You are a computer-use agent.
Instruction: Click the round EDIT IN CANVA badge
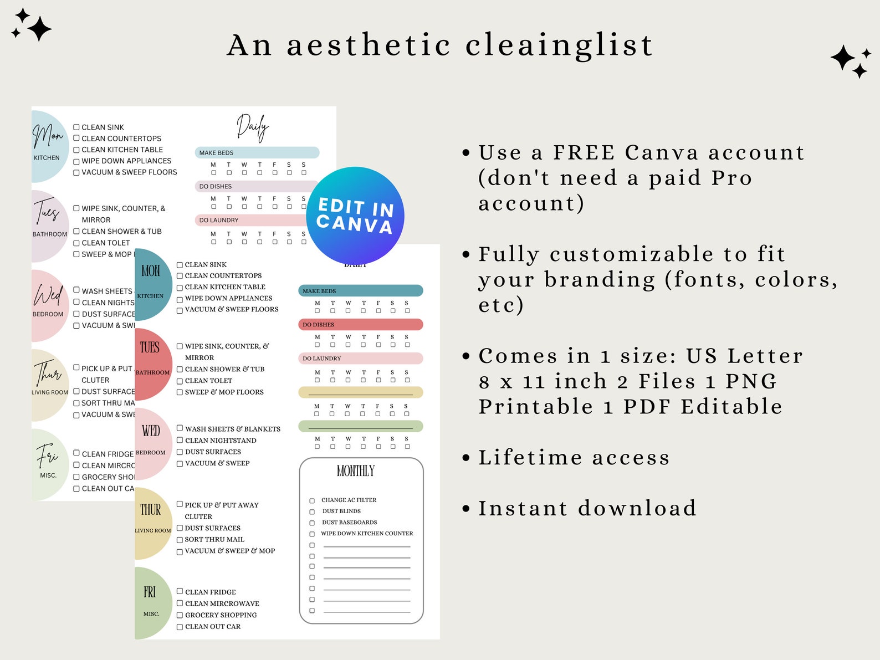click(x=355, y=216)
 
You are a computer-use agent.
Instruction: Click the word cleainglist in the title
click(x=559, y=45)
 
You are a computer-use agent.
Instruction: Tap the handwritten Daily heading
click(x=253, y=127)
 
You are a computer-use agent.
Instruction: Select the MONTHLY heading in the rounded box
click(x=356, y=471)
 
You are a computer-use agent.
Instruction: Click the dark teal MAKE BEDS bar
click(x=361, y=291)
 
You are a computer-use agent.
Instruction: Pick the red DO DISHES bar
click(x=361, y=325)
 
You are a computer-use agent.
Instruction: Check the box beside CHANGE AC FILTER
click(x=312, y=501)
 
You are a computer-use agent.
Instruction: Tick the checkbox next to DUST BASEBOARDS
click(x=312, y=523)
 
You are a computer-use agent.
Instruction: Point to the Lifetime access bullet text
click(x=574, y=458)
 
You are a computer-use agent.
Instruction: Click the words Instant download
click(x=587, y=508)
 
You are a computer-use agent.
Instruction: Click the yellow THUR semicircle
click(x=152, y=523)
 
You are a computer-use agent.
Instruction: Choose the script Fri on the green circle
click(x=48, y=456)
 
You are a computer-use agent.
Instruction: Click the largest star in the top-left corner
click(x=39, y=29)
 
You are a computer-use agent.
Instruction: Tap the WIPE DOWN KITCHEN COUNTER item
click(x=367, y=534)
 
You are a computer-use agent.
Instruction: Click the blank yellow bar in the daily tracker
click(x=361, y=392)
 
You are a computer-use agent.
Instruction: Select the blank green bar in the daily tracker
click(x=361, y=426)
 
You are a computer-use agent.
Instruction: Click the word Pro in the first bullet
click(x=731, y=178)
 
